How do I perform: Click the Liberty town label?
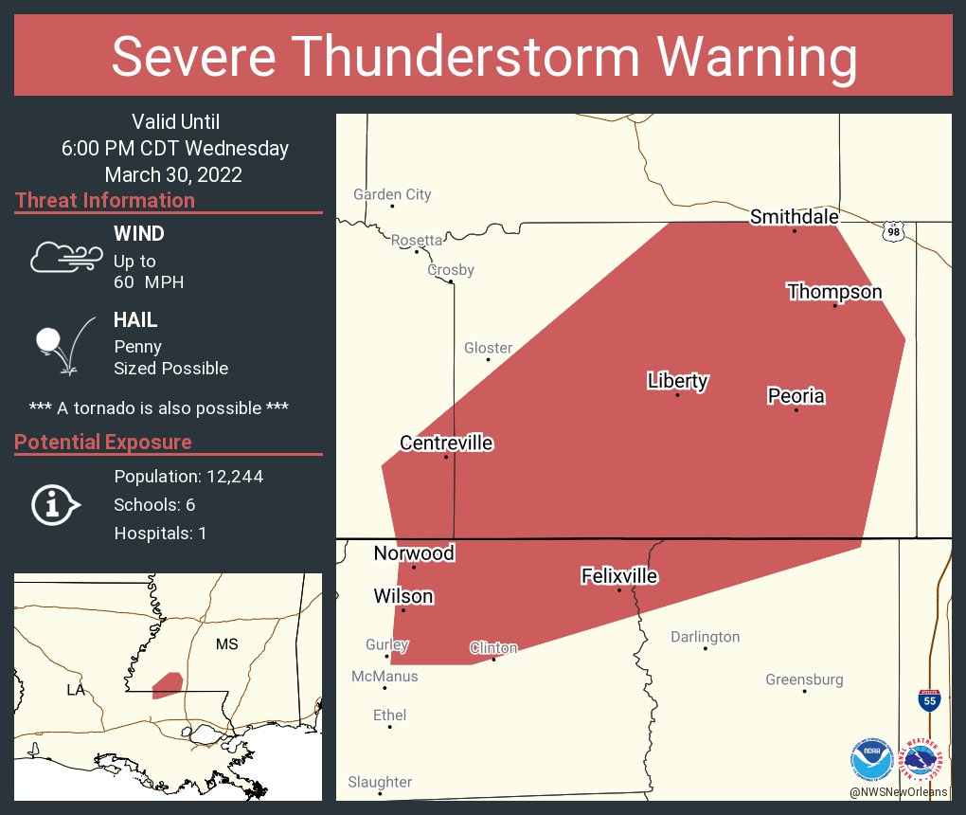[x=677, y=381]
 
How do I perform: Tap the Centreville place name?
[x=446, y=444]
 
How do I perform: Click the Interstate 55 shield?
[x=929, y=700]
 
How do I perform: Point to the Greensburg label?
[x=804, y=679]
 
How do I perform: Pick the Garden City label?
[x=392, y=194]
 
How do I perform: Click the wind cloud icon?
[x=65, y=256]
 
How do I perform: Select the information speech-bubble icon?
[x=55, y=505]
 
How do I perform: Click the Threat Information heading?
[x=105, y=201]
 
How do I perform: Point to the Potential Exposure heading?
[x=103, y=443]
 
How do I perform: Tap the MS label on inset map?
[x=226, y=644]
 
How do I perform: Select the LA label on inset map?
[x=76, y=690]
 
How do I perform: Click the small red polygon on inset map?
[x=168, y=684]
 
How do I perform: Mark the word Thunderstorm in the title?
[x=484, y=57]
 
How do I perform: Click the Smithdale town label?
[x=794, y=217]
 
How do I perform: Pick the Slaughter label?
[x=380, y=782]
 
